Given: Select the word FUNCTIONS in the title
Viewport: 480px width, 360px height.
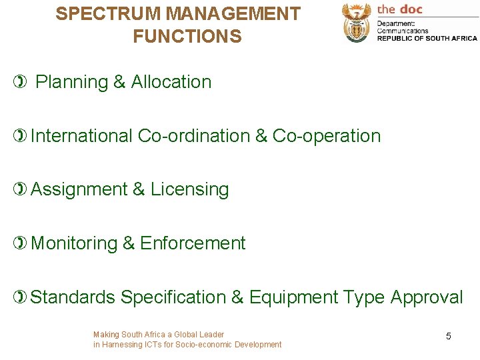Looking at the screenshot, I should pyautogui.click(x=187, y=36).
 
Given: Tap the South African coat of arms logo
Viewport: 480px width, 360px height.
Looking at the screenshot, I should pyautogui.click(x=356, y=23).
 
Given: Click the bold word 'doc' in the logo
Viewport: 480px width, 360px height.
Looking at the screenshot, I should pyautogui.click(x=410, y=9).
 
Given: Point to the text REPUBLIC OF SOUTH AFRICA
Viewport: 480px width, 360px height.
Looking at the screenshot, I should pyautogui.click(x=427, y=38).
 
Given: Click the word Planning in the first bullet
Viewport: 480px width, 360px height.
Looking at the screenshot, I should pyautogui.click(x=71, y=83).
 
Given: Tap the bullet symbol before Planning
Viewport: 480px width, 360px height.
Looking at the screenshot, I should pyautogui.click(x=22, y=82).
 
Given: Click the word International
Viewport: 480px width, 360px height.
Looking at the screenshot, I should pyautogui.click(x=81, y=136).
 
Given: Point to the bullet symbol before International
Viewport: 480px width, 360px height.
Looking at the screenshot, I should pyautogui.click(x=22, y=136).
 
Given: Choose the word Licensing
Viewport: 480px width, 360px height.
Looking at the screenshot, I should pyautogui.click(x=189, y=190).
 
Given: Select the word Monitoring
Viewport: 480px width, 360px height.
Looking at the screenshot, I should pyautogui.click(x=74, y=244).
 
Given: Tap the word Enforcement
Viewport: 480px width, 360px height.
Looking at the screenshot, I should pyautogui.click(x=193, y=243).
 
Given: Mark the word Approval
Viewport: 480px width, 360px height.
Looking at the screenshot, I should pyautogui.click(x=427, y=298).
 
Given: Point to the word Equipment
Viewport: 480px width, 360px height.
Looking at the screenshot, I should pyautogui.click(x=293, y=298).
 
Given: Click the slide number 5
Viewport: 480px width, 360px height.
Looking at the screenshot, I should pyautogui.click(x=448, y=337).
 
